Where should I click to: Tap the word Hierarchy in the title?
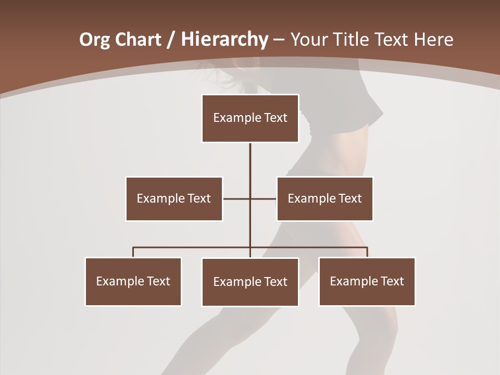224,40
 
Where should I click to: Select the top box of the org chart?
250,118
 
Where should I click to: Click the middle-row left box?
174,198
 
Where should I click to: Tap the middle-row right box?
325,198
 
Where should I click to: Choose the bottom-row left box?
133,281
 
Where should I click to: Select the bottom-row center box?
250,282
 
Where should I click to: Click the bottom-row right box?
367,281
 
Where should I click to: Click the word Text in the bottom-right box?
392,281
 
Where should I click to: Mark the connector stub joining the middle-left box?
236,198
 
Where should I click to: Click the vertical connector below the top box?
250,167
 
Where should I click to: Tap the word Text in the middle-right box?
349,198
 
